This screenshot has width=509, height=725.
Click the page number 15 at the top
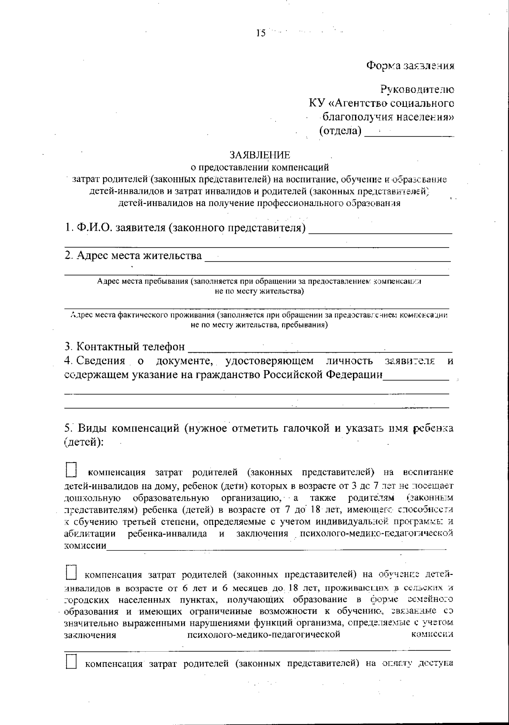260,33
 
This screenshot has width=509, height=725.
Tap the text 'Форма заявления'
411,66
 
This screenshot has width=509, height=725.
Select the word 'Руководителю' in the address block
417,90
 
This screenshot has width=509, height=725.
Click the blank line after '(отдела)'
409,134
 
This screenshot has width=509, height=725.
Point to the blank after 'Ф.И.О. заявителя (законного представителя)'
380,230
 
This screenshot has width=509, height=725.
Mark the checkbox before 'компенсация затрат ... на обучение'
71,574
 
